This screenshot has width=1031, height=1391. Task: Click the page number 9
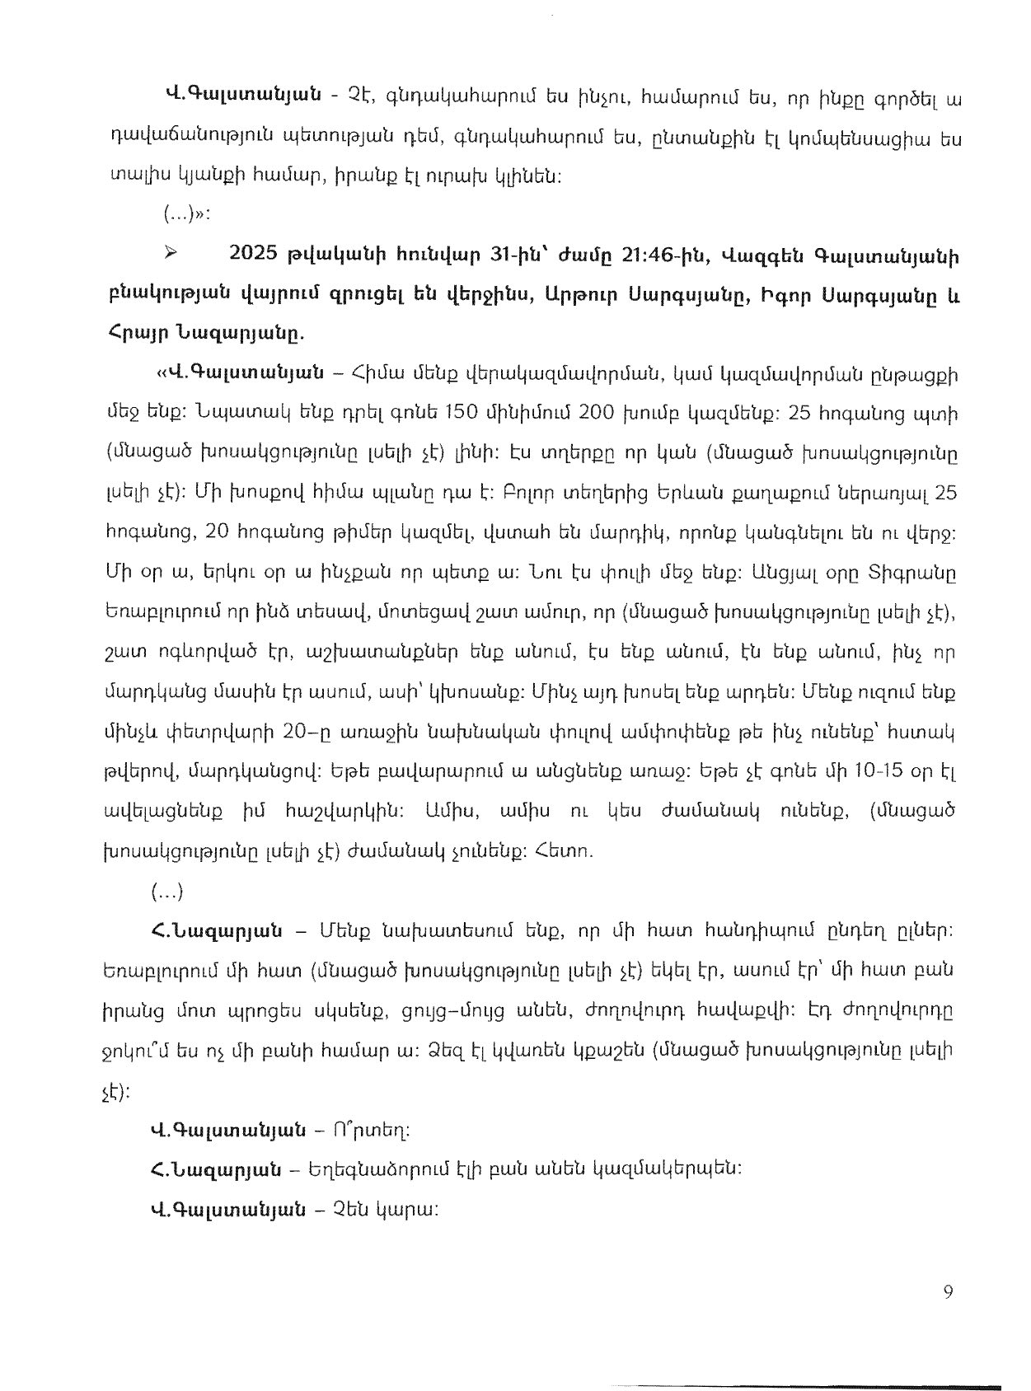point(949,1292)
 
